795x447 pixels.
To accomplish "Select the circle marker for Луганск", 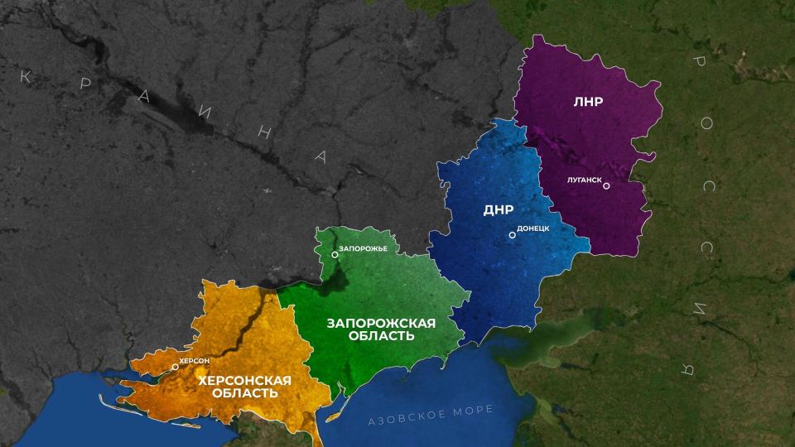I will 606,185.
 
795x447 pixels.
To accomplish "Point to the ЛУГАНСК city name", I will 579,177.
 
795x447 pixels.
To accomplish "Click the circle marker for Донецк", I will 512,235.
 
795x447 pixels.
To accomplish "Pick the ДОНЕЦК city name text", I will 533,227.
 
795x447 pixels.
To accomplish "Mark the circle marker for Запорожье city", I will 335,255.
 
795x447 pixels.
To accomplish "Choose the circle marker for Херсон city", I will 175,366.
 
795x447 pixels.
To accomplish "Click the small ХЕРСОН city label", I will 195,361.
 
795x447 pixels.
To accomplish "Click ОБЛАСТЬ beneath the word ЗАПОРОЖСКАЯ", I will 382,337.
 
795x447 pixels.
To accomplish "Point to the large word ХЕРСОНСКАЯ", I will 244,380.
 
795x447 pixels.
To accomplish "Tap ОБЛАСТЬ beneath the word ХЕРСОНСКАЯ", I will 244,393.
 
